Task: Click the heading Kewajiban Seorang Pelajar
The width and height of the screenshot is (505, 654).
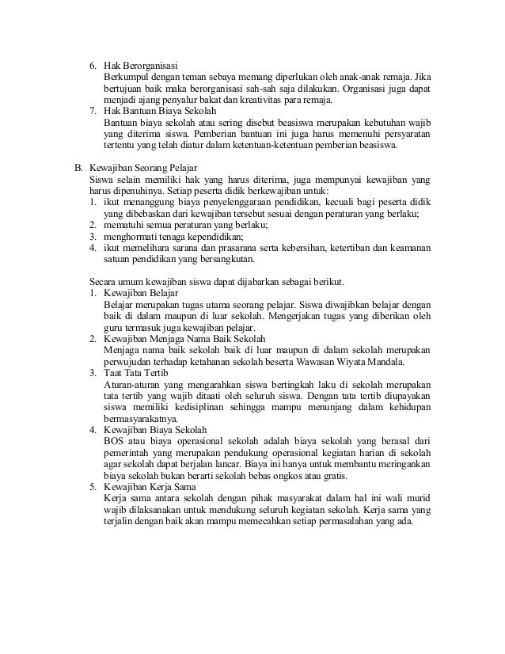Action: pos(143,169)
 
